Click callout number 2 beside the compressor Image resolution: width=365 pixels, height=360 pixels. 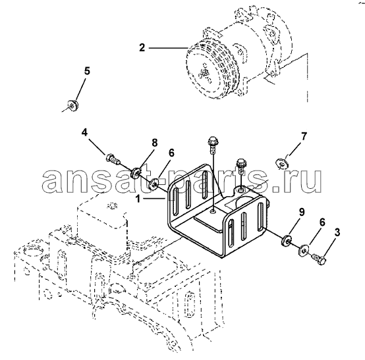tap(142, 47)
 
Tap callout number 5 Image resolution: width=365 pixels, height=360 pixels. tap(87, 71)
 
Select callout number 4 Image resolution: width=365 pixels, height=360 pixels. tap(84, 132)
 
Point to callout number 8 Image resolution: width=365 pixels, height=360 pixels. tap(155, 143)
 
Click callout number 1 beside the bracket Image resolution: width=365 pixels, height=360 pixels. tap(138, 199)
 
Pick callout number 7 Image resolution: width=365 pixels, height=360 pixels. tap(304, 136)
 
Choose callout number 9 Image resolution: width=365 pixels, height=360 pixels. tap(302, 212)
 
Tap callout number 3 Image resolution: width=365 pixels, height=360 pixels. tap(337, 232)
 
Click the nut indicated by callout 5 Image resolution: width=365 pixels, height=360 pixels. tap(72, 105)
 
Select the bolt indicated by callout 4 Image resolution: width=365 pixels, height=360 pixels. tap(113, 159)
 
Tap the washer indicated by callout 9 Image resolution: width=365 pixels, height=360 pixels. tap(286, 241)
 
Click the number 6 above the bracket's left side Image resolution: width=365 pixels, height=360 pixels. tap(171, 153)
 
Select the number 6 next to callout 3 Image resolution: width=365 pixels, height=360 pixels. tap(322, 222)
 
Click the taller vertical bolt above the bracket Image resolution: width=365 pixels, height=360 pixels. tap(213, 145)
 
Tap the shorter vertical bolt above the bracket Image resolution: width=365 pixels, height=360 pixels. tap(241, 166)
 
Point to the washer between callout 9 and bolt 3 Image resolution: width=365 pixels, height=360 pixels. tap(304, 251)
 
